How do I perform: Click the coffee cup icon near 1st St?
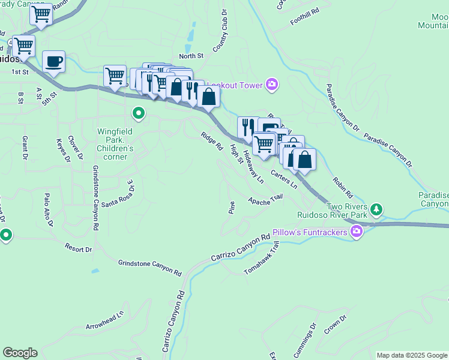point(54,61)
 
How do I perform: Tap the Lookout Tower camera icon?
point(272,85)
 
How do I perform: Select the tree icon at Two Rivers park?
point(376,209)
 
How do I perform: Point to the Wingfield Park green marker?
point(139,113)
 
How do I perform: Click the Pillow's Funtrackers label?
point(310,232)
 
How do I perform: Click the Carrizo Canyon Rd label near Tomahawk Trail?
point(241,248)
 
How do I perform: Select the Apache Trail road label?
point(265,199)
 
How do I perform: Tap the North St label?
point(191,56)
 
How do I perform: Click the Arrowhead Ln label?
point(104,321)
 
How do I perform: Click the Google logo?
point(20,353)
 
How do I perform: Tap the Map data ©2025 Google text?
point(412,355)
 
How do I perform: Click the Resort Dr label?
point(79,247)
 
